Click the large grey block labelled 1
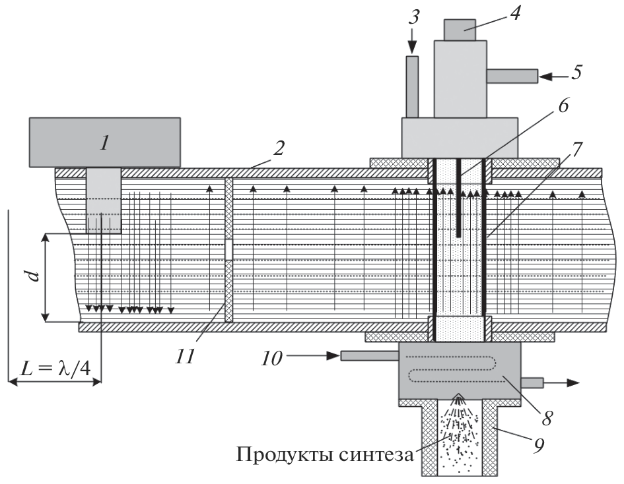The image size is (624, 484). click(104, 141)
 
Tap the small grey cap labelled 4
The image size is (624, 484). click(460, 30)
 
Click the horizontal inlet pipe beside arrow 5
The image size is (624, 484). click(512, 76)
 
